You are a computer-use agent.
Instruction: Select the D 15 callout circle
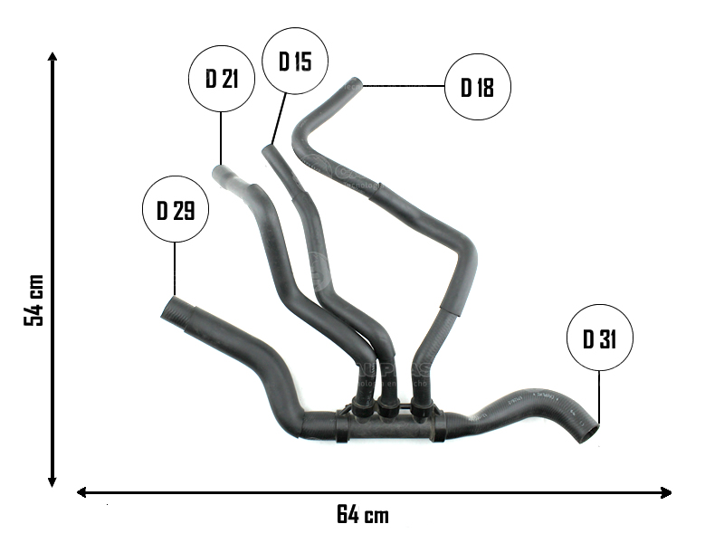tap(295, 62)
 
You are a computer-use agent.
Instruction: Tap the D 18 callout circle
tap(478, 88)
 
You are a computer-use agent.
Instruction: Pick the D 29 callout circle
tap(176, 211)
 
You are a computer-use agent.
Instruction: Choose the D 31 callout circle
tap(600, 339)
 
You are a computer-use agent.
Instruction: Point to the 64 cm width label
tap(363, 516)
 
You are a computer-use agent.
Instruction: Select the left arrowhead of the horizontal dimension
tap(82, 492)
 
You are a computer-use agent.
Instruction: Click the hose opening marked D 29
tap(172, 310)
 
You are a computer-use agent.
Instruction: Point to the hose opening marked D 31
tap(588, 433)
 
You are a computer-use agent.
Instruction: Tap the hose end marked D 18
tap(355, 86)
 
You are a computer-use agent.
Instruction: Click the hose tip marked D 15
tap(268, 151)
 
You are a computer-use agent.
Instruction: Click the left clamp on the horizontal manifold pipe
tap(341, 425)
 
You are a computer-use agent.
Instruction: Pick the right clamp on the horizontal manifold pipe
tap(438, 424)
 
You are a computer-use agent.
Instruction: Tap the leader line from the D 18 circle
tap(404, 87)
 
